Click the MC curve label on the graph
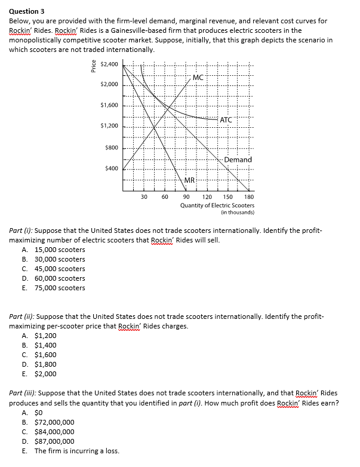tap(198, 78)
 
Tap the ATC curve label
tap(226, 120)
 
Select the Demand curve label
tap(238, 159)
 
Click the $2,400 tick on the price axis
tap(109, 64)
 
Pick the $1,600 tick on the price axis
tap(109, 106)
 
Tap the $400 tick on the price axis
tap(111, 169)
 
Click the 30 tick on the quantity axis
tap(144, 196)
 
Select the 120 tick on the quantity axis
tap(207, 196)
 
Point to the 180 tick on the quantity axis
tap(249, 196)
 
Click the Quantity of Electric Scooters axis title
tap(217, 205)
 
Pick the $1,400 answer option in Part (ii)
tap(46, 345)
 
